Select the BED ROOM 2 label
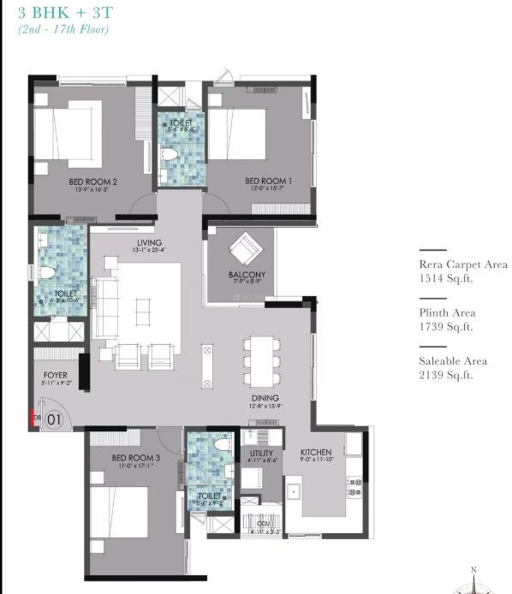92,181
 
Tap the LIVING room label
148,243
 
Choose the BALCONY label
247,275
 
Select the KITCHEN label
315,454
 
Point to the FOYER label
55,375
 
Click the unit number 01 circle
54,419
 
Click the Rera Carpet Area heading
462,265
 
